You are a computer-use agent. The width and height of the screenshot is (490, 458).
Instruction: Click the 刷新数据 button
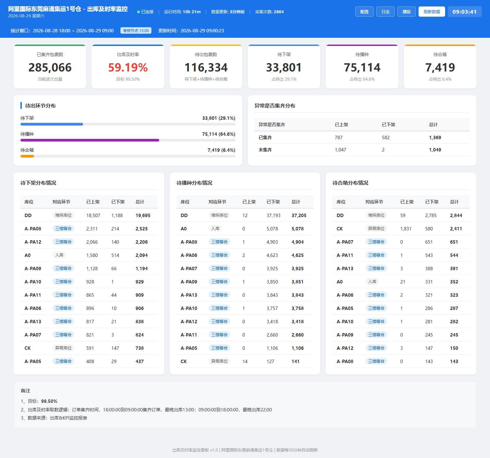pos(431,12)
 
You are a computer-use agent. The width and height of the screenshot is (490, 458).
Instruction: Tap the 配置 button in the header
pos(364,12)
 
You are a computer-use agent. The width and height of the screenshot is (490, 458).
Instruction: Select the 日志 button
pos(386,12)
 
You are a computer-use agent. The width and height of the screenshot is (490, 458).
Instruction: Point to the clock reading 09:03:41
pos(464,12)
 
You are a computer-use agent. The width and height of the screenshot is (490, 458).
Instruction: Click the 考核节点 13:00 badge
pos(136,31)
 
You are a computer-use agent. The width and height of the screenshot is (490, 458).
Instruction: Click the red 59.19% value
pos(128,67)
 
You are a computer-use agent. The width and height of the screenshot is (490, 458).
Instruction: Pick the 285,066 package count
pos(50,67)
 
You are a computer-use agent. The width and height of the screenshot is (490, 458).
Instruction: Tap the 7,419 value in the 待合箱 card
pos(440,67)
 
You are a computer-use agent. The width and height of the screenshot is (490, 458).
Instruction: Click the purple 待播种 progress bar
pos(90,140)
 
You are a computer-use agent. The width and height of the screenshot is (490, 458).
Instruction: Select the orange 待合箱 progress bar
pos(27,156)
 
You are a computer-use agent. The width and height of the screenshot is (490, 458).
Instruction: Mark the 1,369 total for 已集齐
pos(435,137)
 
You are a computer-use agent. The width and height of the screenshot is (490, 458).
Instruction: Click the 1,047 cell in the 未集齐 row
pos(341,150)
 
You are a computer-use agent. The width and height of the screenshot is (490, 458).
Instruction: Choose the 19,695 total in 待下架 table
pos(143,215)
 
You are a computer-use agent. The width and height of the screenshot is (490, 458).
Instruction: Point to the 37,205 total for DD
pos(299,215)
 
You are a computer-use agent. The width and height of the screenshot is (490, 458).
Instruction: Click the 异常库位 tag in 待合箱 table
pos(376,229)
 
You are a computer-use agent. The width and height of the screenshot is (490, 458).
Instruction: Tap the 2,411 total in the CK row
pos(456,229)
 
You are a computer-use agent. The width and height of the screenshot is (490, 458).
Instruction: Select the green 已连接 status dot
pos(138,12)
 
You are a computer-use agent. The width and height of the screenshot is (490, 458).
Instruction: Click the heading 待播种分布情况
pos(194,183)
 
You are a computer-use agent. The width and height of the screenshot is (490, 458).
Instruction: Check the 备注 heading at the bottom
pos(26,391)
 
